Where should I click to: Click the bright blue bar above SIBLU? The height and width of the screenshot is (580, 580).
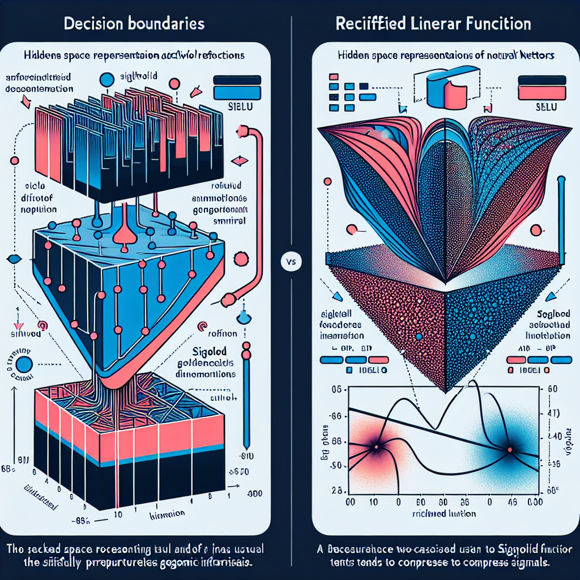point(237,93)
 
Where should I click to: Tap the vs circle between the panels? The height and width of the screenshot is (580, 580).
point(291,262)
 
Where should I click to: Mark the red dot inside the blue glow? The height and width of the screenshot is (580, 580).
point(509,450)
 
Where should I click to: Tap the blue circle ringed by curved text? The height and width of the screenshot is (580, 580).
point(24,364)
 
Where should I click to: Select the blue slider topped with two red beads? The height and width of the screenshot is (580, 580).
point(246,396)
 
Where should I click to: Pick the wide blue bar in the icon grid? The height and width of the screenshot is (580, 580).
point(366,96)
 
